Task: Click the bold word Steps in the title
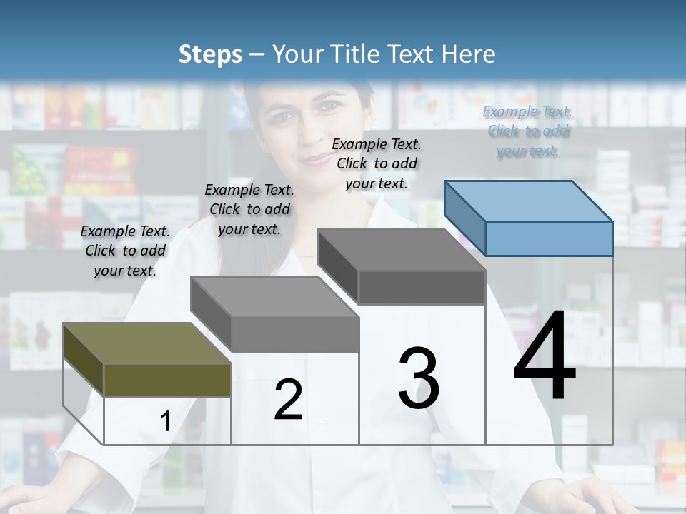click(x=210, y=54)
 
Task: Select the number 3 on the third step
click(x=419, y=378)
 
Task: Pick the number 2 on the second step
click(x=288, y=400)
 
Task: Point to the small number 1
click(x=165, y=422)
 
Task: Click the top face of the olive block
click(x=147, y=343)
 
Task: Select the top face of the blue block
click(x=529, y=201)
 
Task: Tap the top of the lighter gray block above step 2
click(x=275, y=296)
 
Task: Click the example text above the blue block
click(x=528, y=131)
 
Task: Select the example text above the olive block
click(x=125, y=251)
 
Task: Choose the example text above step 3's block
click(x=377, y=163)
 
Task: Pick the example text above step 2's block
click(x=249, y=209)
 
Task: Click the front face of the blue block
click(x=549, y=238)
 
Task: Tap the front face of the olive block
click(x=167, y=380)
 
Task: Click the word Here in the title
click(x=470, y=54)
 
